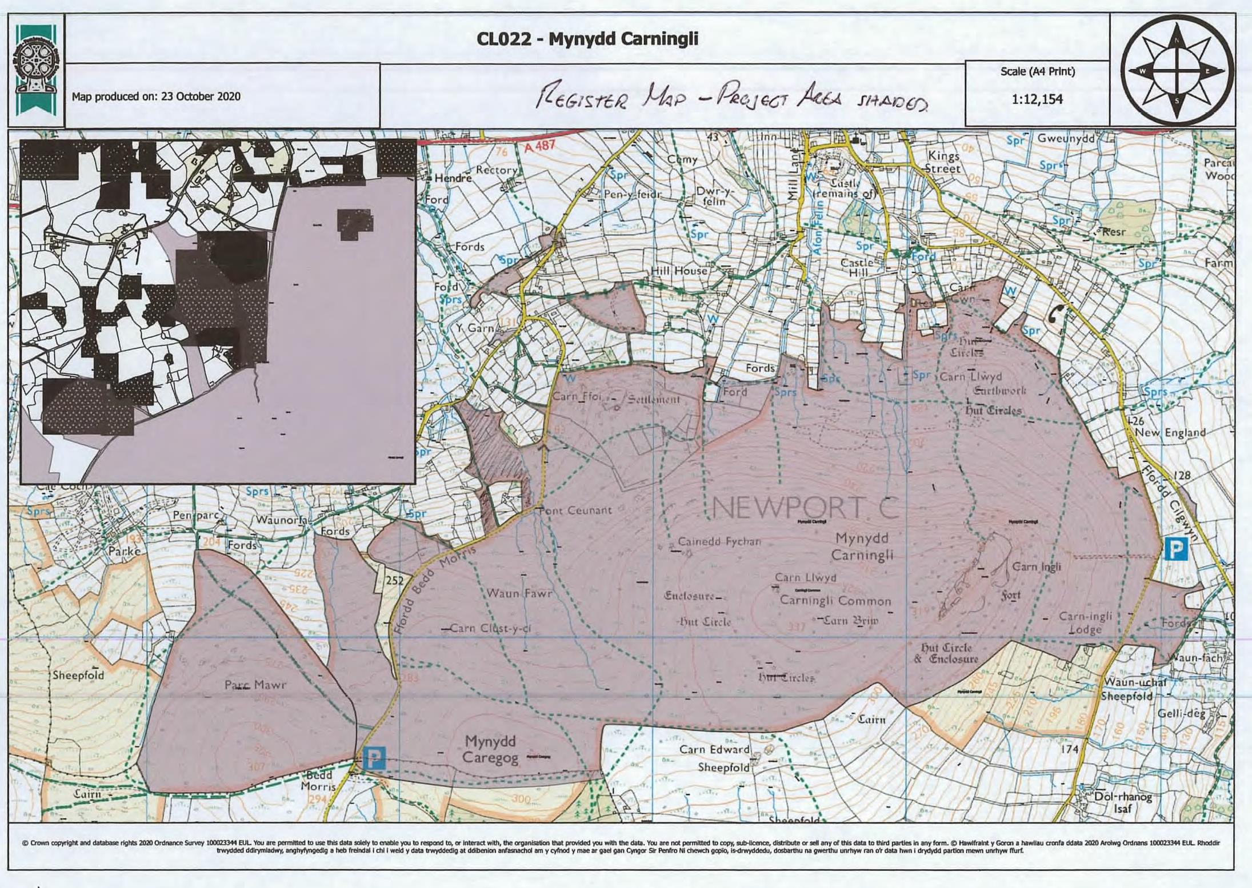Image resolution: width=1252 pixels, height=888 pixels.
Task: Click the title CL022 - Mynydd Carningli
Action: (587, 39)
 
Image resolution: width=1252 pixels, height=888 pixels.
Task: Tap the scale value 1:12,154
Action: (1037, 99)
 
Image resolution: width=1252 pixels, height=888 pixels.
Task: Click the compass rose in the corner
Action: (1176, 71)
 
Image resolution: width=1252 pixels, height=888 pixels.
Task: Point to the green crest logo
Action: (35, 70)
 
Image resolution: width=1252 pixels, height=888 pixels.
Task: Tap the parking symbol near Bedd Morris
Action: (374, 758)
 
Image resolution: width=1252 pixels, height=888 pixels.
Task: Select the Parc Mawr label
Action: (255, 684)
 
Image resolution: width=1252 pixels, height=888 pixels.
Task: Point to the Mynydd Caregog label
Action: (490, 749)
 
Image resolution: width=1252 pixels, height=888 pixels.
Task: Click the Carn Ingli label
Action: (1036, 566)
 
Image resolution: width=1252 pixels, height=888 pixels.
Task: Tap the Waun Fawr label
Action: (519, 593)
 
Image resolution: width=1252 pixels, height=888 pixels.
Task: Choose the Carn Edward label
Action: (714, 749)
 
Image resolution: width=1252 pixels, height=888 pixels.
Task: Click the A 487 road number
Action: (539, 146)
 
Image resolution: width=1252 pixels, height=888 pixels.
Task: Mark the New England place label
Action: (1170, 432)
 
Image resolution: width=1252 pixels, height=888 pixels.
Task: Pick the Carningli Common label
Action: (835, 601)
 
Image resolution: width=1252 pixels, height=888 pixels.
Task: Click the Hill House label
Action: (679, 271)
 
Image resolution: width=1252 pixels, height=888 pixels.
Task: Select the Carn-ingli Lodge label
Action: (1085, 623)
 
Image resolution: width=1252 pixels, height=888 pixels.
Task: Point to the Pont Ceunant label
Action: (575, 511)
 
